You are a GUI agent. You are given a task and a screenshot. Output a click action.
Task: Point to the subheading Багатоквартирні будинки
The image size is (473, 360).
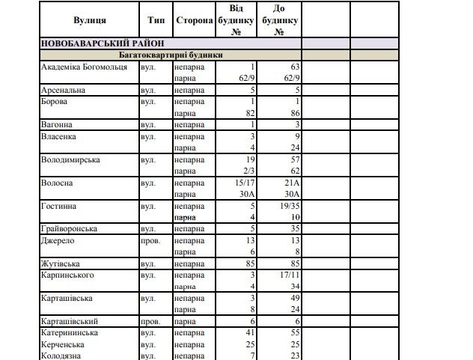click(x=171, y=55)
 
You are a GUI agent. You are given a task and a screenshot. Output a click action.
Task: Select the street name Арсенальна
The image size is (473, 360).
click(x=62, y=90)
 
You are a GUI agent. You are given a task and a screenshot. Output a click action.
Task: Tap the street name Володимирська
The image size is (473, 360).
click(x=70, y=159)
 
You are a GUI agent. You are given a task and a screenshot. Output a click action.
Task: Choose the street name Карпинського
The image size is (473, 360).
click(x=69, y=275)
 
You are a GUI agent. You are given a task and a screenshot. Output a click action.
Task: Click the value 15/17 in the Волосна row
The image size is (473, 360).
click(x=245, y=183)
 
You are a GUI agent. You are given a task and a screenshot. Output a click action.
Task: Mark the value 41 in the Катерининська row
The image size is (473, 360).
click(x=251, y=332)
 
